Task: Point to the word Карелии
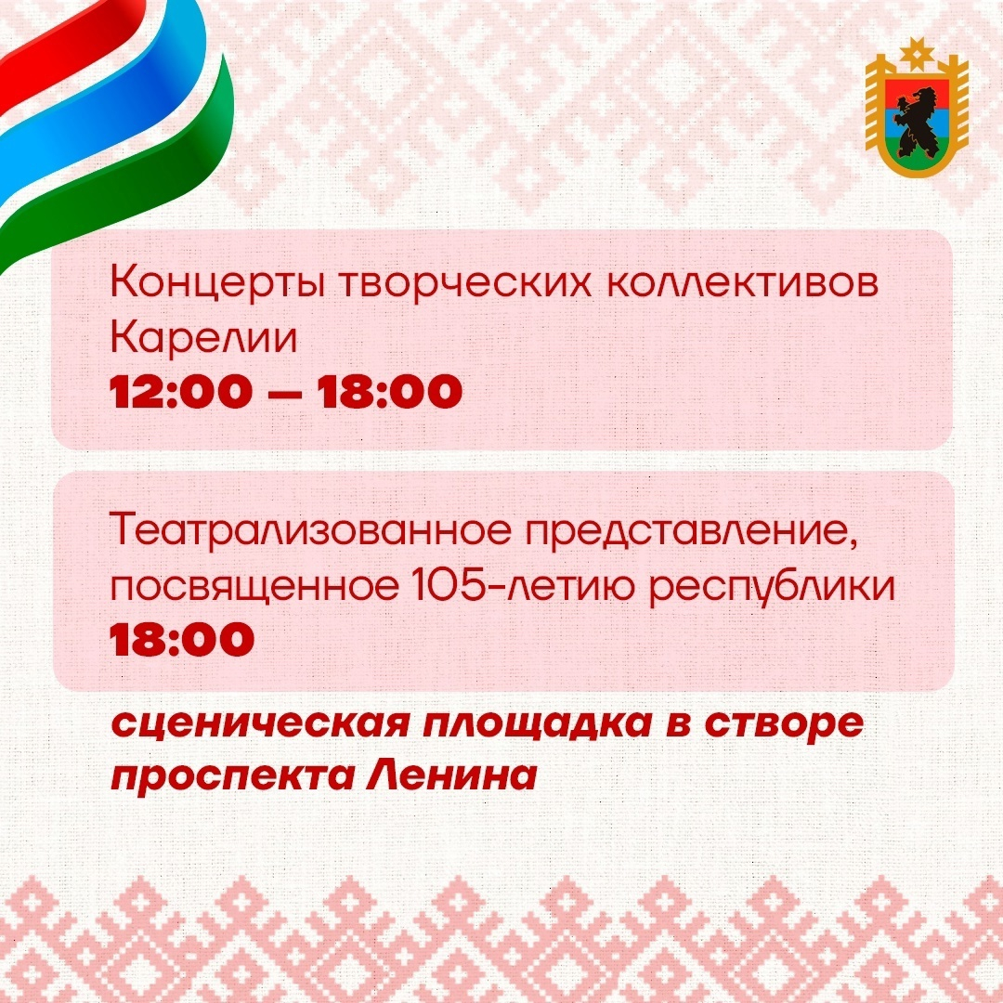[204, 338]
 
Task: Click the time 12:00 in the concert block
[181, 392]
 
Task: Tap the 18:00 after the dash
[389, 392]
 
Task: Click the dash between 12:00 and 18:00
[284, 394]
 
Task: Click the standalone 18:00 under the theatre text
[182, 639]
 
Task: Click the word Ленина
[451, 775]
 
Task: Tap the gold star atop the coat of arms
[917, 53]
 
